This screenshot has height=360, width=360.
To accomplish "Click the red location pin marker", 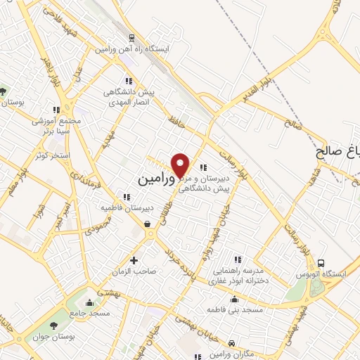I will click(x=181, y=165).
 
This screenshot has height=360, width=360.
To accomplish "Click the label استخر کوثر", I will click(x=49, y=155).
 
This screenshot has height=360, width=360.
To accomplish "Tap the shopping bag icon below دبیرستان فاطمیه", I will click(x=148, y=224).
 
